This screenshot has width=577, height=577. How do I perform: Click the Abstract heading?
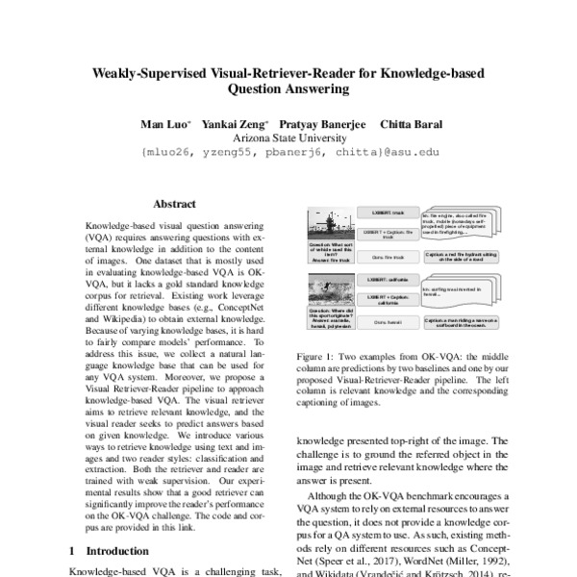point(174,204)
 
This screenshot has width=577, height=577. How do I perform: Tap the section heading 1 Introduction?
point(111,551)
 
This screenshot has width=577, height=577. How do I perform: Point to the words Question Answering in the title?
point(288,89)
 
